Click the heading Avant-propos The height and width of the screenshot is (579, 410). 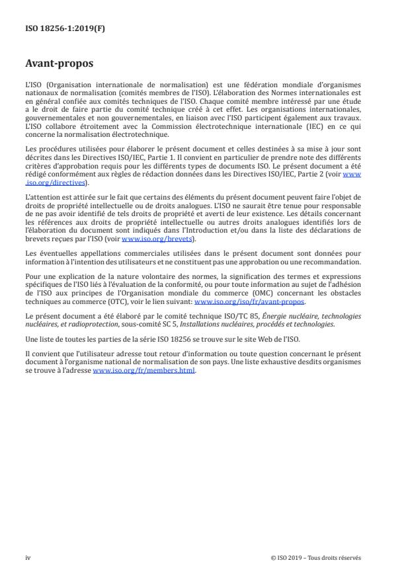coord(59,65)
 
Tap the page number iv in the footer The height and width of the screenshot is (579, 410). coord(28,557)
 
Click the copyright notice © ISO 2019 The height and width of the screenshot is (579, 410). coord(290,557)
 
